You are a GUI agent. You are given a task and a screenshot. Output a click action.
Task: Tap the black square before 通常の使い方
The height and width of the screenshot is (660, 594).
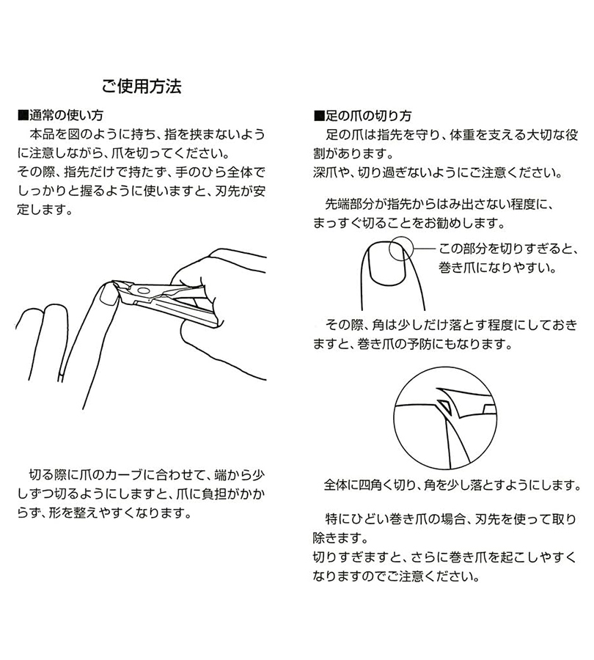point(22,116)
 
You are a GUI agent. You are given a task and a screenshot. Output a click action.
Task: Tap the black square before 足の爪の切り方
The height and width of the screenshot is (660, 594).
point(318,116)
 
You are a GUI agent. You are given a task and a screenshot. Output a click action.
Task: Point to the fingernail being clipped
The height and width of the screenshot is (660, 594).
point(108,295)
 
